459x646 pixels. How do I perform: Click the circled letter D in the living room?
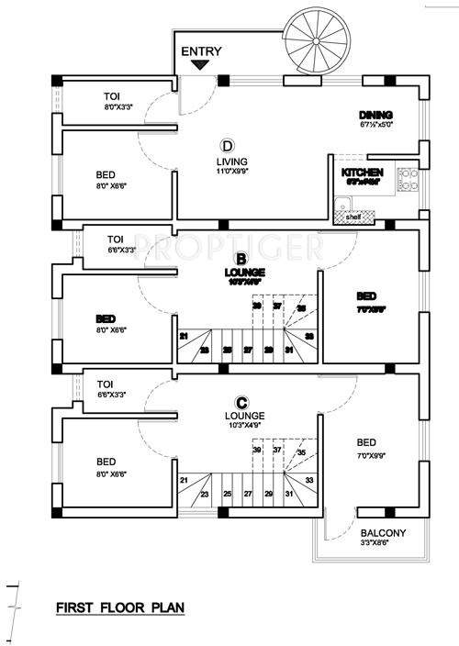[226, 145]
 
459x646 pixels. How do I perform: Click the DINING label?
[375, 115]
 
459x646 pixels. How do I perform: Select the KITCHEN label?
[361, 173]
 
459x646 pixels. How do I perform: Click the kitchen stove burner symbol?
[408, 178]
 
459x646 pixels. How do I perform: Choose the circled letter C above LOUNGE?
[241, 401]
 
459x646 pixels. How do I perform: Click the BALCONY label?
[379, 533]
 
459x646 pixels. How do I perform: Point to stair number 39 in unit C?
[257, 451]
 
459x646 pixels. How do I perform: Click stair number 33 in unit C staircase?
[308, 480]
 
